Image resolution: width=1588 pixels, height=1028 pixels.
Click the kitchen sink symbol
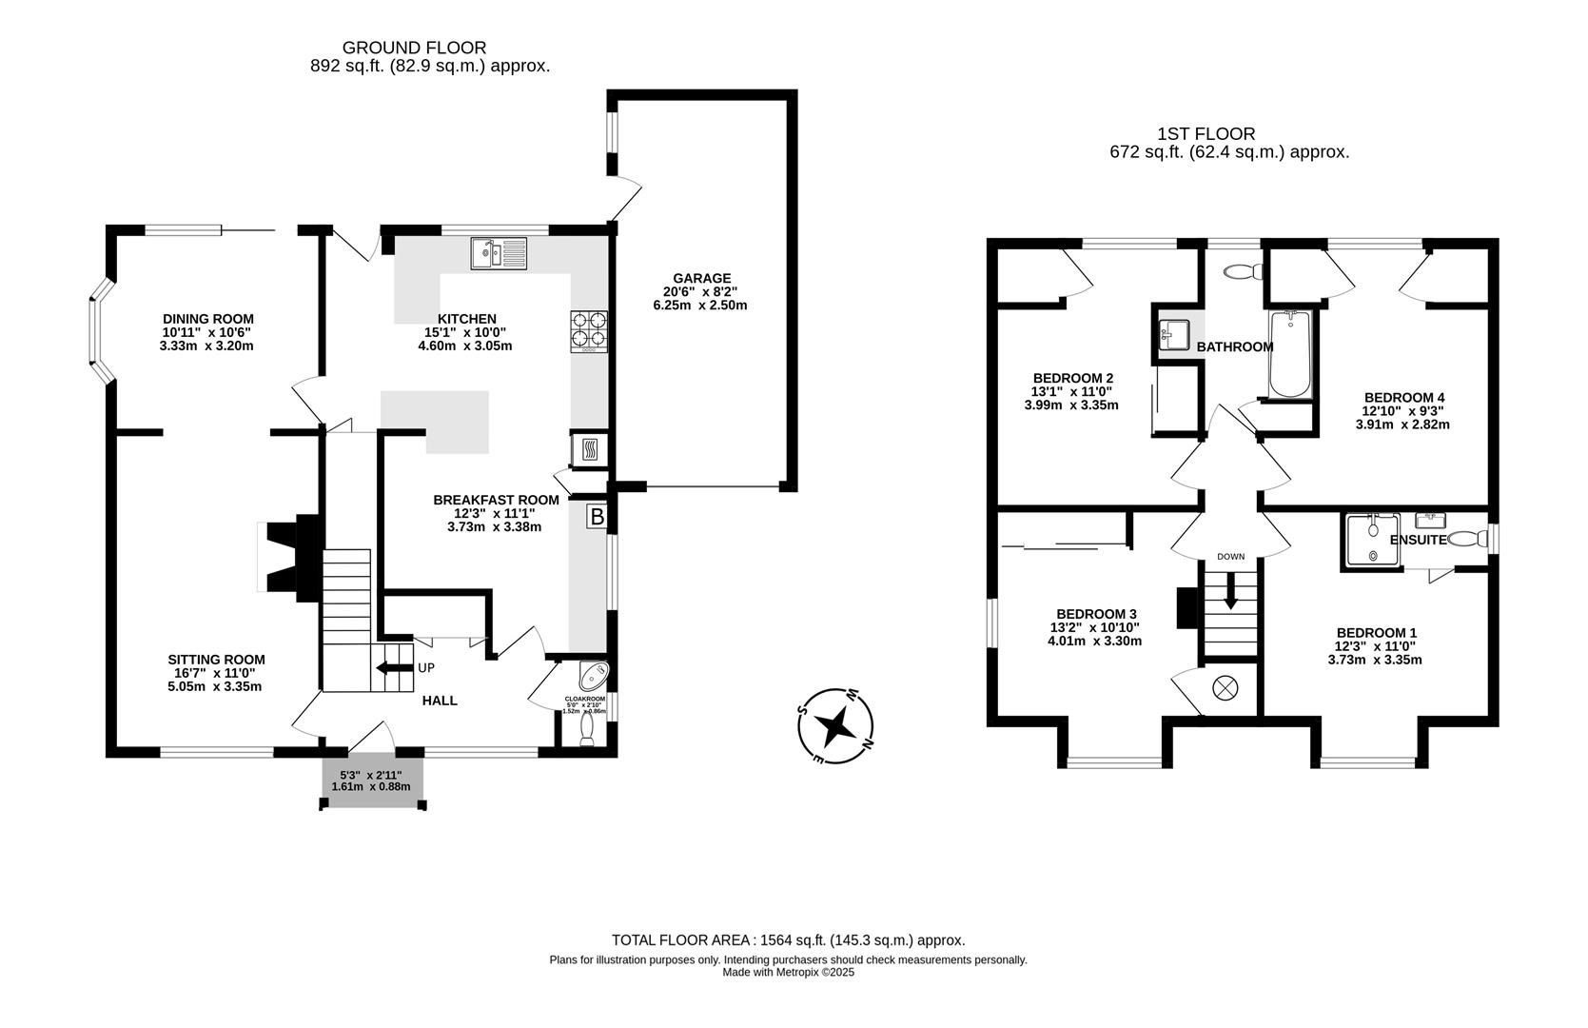click(x=499, y=254)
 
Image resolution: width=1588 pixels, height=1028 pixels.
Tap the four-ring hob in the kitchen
click(x=588, y=329)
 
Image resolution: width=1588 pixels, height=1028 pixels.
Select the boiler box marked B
click(x=597, y=517)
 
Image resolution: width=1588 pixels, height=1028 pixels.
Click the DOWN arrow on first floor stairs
click(x=1230, y=590)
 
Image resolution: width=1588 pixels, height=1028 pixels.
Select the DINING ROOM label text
click(x=207, y=319)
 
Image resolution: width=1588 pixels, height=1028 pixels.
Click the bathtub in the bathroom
click(x=1290, y=354)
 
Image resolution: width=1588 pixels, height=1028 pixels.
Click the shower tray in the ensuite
click(x=1372, y=541)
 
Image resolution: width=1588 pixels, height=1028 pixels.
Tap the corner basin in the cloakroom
click(x=595, y=675)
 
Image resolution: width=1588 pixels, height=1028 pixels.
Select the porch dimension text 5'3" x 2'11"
click(x=371, y=775)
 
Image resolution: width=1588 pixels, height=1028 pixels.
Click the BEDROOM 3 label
click(x=1096, y=614)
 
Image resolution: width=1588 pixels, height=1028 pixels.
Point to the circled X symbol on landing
click(x=1225, y=687)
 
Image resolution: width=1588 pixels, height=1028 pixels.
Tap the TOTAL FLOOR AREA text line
click(x=788, y=939)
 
